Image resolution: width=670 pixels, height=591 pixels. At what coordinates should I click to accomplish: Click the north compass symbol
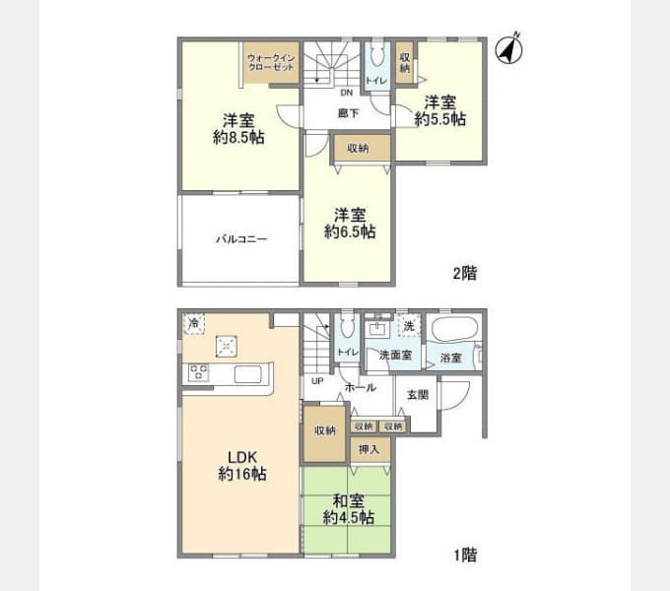(509, 49)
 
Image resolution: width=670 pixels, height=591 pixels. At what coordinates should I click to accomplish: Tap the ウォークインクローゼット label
(271, 62)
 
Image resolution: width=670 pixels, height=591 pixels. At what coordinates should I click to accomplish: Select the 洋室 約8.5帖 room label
(238, 128)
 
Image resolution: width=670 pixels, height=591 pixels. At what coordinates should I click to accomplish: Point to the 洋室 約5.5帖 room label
(440, 110)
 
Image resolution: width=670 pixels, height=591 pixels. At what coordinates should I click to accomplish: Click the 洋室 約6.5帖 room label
(350, 223)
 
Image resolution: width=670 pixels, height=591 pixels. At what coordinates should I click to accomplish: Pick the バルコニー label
(241, 238)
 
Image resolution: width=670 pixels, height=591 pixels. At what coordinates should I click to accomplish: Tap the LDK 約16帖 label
(242, 466)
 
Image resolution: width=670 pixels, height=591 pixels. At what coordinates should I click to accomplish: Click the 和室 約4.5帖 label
(349, 509)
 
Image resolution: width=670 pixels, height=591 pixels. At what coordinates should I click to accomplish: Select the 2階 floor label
(465, 273)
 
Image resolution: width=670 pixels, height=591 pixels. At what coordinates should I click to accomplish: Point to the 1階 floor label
(465, 556)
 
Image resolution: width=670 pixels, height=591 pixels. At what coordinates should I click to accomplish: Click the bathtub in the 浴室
(454, 328)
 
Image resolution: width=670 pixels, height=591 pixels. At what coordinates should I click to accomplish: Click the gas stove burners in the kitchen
(198, 372)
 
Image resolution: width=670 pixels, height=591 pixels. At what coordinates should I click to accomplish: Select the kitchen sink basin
(248, 374)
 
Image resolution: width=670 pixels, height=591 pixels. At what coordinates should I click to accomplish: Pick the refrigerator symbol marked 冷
(193, 323)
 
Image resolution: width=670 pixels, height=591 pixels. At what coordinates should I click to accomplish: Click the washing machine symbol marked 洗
(409, 326)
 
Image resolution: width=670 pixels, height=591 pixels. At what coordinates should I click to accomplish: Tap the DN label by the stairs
(347, 93)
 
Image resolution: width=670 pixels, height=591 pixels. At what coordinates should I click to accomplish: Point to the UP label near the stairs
(317, 381)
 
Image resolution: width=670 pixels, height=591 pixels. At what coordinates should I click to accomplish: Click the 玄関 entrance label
(418, 395)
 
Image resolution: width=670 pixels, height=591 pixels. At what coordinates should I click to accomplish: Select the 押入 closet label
(368, 449)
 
